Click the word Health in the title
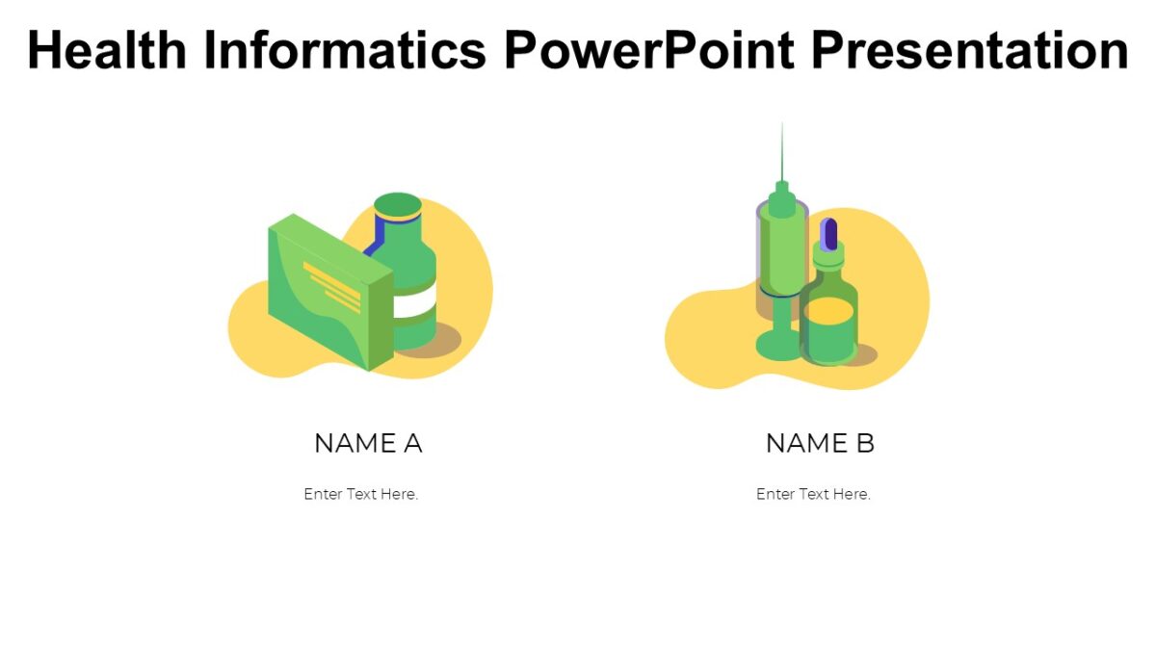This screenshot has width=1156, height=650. pos(105,50)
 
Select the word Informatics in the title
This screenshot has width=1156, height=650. pos(344,50)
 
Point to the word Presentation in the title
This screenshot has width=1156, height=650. pos(970,50)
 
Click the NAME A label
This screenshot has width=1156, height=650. pos(368,444)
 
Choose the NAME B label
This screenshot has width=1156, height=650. pos(820,444)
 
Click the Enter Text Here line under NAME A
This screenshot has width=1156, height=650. pos(361,494)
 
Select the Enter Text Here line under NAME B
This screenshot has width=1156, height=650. pos(813,494)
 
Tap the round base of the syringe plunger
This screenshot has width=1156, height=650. pos(779,346)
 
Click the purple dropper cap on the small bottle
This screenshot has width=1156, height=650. pos(829,233)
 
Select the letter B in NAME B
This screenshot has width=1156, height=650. pos(864,444)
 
